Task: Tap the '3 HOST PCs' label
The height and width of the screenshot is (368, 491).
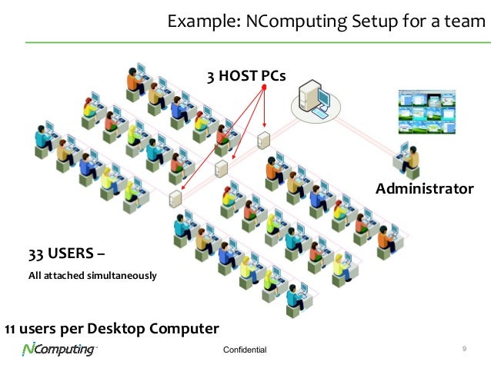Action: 245,76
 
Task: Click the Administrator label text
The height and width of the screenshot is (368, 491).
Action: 424,188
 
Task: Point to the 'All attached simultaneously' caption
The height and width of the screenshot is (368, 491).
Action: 92,275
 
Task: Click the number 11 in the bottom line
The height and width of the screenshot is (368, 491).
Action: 11,329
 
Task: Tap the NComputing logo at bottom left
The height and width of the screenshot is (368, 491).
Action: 58,350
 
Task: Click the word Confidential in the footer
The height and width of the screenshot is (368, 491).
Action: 244,350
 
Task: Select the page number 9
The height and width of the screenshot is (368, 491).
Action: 465,350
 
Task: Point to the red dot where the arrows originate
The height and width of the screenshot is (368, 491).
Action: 263,88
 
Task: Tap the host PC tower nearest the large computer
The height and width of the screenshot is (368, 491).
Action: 264,140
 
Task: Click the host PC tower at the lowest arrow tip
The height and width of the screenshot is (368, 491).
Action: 175,200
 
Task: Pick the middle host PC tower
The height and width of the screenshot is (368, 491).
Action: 221,168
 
